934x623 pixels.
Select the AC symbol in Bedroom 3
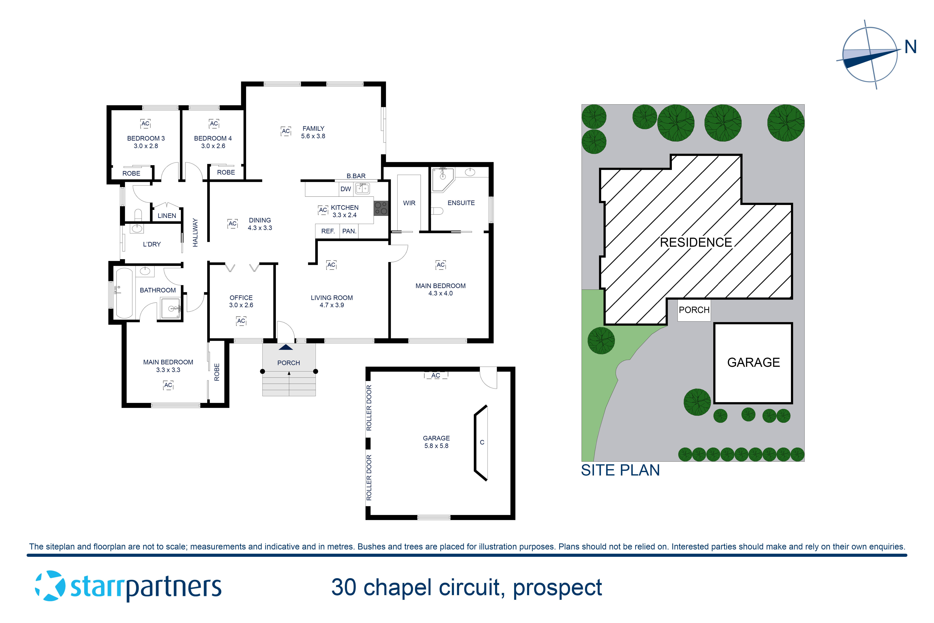click(145, 124)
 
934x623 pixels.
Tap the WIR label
click(409, 203)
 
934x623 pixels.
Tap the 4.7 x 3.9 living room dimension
click(332, 305)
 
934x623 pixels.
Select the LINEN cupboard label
click(167, 216)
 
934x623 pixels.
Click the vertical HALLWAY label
click(195, 232)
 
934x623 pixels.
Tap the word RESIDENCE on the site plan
click(696, 242)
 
